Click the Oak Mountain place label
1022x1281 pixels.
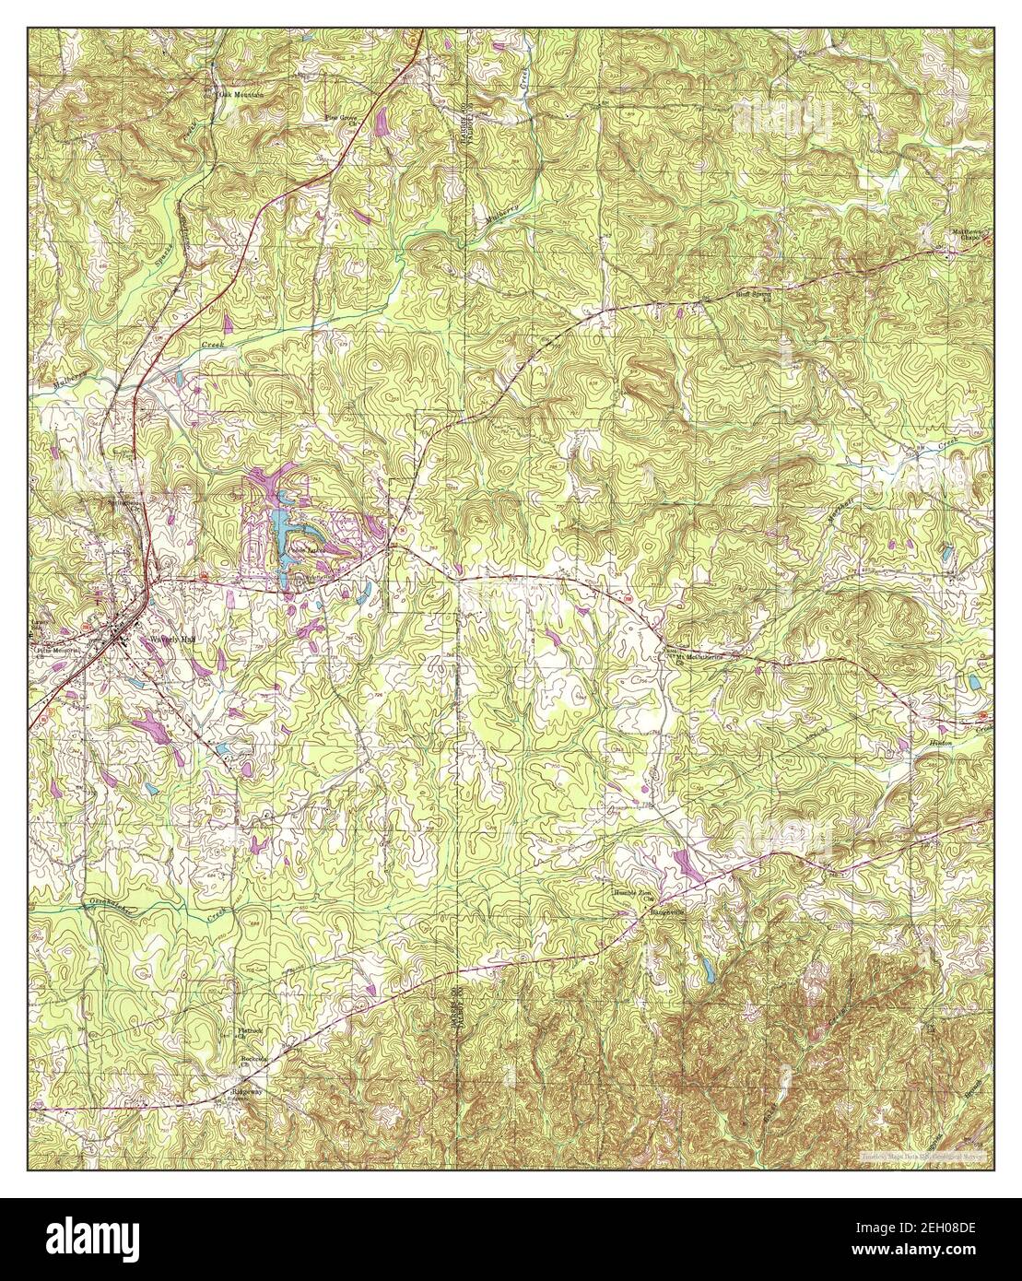241,94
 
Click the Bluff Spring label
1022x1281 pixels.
728,297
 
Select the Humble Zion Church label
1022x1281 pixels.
632,896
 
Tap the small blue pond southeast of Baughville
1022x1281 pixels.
706,967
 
